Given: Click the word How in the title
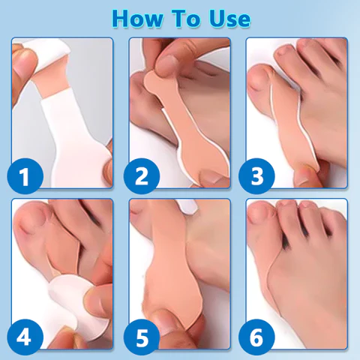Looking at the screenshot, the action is [137, 19].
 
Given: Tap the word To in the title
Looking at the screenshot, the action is [187, 19].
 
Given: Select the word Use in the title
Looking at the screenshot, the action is [230, 19].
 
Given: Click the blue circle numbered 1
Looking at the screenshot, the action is [25, 176].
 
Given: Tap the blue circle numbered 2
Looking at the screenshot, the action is [142, 176].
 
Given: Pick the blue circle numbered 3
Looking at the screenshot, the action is [256, 176].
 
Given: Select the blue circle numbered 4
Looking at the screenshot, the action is [25, 337].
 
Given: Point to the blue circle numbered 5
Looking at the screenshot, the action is [142, 337].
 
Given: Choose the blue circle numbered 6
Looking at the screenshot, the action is [256, 337].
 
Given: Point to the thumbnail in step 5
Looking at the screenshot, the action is [163, 325].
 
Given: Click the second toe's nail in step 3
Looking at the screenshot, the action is [282, 51].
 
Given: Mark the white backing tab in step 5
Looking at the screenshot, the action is [187, 207].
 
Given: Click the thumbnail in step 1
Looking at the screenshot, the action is [25, 61].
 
